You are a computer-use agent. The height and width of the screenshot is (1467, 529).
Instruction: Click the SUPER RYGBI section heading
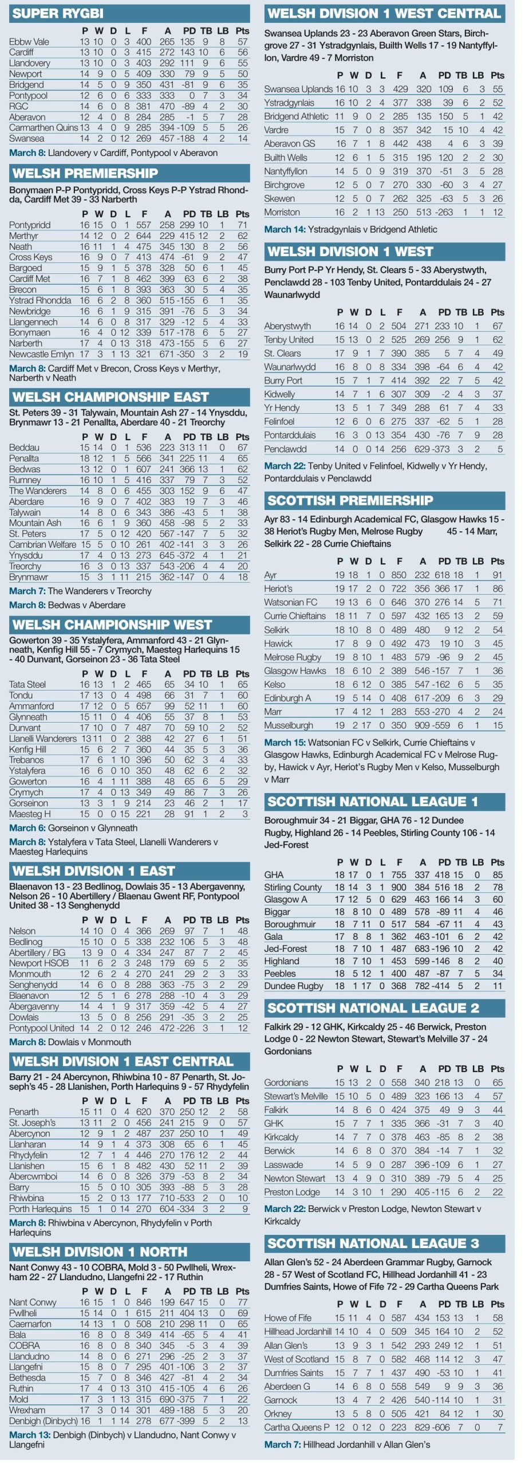(58, 13)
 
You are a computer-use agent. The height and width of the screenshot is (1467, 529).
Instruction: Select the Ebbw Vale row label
(29, 42)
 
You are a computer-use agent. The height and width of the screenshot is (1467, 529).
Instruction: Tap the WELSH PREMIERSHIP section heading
(85, 173)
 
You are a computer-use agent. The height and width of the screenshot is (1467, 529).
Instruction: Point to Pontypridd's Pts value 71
(242, 225)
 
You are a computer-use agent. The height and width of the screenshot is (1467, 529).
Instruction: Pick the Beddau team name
(24, 448)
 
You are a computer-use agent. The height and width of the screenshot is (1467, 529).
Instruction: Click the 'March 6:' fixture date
(27, 828)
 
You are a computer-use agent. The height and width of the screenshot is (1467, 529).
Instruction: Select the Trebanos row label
(26, 760)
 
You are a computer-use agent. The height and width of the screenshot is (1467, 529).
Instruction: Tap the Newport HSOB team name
(39, 963)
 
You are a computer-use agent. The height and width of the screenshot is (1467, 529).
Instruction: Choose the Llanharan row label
(27, 1144)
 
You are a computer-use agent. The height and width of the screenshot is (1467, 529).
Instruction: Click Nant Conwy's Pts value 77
(242, 1303)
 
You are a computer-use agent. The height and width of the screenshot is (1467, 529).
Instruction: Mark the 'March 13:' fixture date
(30, 1435)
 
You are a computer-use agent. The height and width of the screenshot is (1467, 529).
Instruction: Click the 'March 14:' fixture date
(285, 229)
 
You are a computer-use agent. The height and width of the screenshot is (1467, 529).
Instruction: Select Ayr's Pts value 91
(498, 575)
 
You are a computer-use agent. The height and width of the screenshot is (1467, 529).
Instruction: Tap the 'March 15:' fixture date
(285, 742)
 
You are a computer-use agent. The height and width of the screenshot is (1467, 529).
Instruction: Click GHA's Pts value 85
(498, 875)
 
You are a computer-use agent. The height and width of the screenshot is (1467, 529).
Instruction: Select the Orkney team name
(278, 1414)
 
